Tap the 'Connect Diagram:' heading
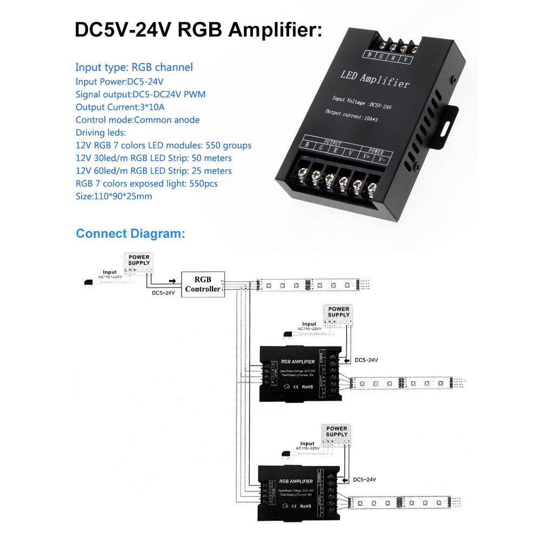(x=130, y=234)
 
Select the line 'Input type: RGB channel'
(x=134, y=68)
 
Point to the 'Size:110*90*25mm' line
(x=114, y=196)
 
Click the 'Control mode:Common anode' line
(x=138, y=120)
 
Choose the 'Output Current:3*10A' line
(x=120, y=107)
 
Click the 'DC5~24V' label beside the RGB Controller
(x=162, y=293)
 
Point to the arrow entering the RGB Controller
(x=172, y=281)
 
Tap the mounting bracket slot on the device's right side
(x=447, y=129)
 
